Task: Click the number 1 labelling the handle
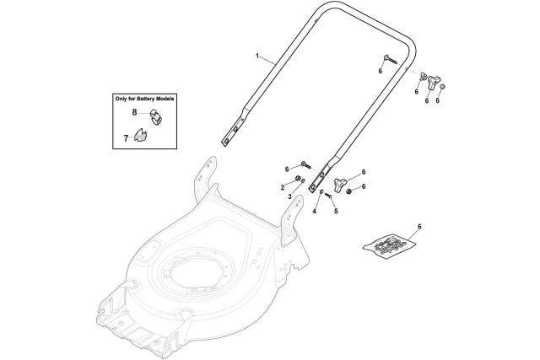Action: [x=258, y=56]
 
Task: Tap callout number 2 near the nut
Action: [x=282, y=185]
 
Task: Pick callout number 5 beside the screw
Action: [x=335, y=211]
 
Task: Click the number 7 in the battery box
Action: [x=126, y=136]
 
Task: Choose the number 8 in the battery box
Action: [x=134, y=111]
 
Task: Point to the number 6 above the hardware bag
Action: [x=419, y=228]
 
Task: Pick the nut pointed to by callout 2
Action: [x=300, y=180]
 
